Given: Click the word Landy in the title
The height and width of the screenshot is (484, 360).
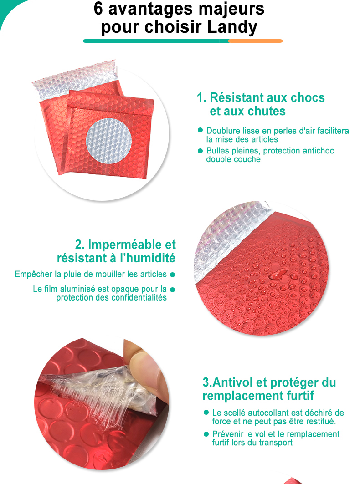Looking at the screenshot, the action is [x=232, y=27].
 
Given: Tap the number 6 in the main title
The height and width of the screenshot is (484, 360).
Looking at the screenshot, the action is [x=98, y=8].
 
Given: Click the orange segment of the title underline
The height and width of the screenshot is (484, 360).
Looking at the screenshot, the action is [x=256, y=41].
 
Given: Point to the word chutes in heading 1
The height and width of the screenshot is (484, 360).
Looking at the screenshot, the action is [x=268, y=111].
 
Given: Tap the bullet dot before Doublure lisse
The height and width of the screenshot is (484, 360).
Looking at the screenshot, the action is [x=200, y=130].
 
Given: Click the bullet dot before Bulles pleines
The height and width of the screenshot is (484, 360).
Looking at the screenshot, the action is [x=200, y=151].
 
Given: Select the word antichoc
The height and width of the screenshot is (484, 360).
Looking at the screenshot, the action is [x=319, y=151].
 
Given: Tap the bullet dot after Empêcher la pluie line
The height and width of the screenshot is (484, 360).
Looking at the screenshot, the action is [x=172, y=275].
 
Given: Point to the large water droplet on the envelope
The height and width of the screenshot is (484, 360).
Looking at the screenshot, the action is [x=278, y=274].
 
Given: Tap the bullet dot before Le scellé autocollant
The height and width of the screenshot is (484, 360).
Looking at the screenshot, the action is [x=206, y=413].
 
